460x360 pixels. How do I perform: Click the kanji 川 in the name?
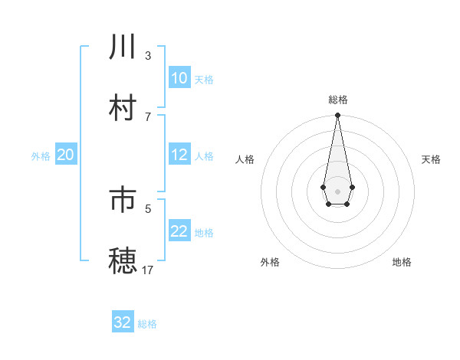tap(123, 47)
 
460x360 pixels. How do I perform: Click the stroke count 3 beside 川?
tap(148, 55)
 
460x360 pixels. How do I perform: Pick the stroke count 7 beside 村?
tap(148, 116)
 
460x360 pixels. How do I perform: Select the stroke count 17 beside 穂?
tap(148, 270)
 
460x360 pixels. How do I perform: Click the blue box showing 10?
tap(179, 78)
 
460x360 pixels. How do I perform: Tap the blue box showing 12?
tap(179, 155)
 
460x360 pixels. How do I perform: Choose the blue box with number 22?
tap(179, 231)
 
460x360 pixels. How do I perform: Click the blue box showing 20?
tap(65, 155)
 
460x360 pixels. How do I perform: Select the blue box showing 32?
tap(123, 322)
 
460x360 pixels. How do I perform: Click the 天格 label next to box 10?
tap(204, 80)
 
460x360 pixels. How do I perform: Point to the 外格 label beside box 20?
tap(41, 156)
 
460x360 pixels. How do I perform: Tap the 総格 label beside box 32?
tap(147, 324)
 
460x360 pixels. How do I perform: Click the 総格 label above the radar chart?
tap(337, 100)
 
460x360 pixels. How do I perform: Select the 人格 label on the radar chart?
tap(245, 159)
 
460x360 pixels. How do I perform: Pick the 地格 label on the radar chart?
tap(402, 262)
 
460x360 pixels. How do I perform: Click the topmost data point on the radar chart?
tap(337, 116)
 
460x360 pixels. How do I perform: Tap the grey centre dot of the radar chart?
tap(337, 190)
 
